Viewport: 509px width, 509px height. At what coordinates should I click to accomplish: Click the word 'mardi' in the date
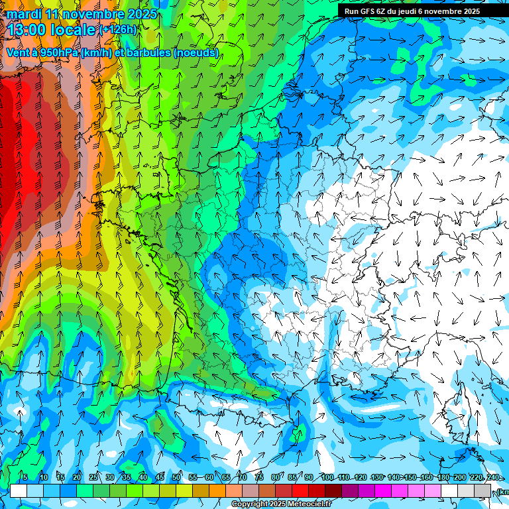pos(24,14)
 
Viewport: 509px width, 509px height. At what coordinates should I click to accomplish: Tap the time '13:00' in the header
pos(30,30)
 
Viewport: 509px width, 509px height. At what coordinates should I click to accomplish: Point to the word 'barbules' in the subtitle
pos(148,52)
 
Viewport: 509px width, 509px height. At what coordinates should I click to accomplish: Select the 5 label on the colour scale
pos(25,478)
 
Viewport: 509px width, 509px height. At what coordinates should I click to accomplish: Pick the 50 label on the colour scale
pos(176,478)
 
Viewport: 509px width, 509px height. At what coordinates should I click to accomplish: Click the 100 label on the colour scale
pos(327,478)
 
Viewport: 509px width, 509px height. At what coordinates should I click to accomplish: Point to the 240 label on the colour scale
pos(493,478)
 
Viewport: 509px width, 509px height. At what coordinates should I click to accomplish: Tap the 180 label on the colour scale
pos(443,478)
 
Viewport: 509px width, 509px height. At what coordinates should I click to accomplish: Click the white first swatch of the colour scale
pos(19,490)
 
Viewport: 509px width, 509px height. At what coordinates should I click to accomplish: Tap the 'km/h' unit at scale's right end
pos(502,491)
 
